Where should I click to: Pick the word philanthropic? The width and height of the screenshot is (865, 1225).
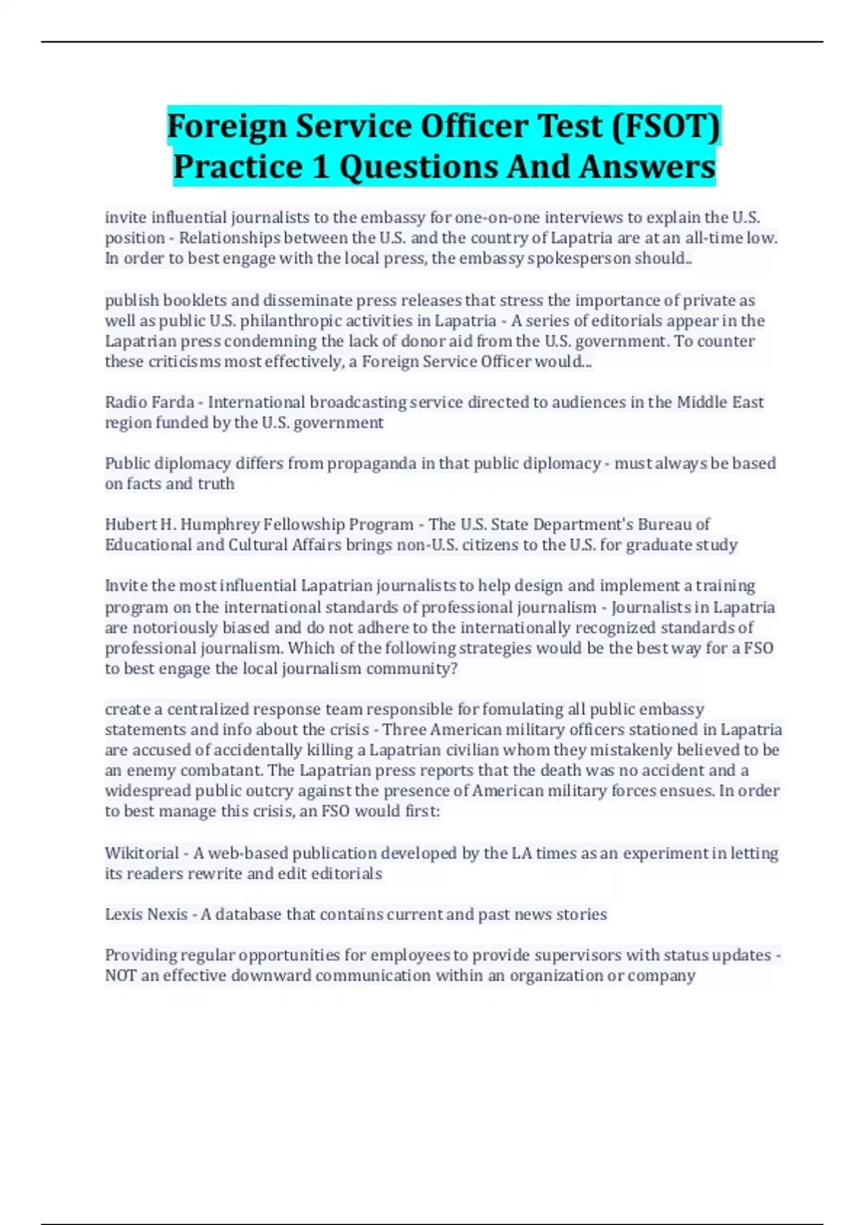pos(291,321)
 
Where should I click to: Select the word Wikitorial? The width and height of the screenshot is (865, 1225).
pos(142,853)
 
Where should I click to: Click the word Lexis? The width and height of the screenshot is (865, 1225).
pos(123,914)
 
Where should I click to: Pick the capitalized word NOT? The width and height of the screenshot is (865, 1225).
pos(120,976)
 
